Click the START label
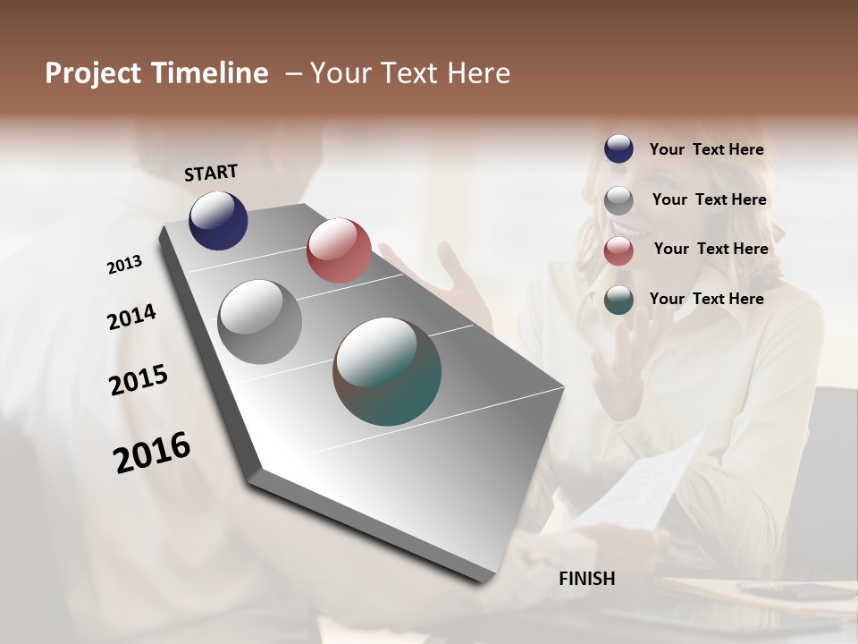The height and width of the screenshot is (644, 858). [211, 173]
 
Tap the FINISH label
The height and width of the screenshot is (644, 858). [586, 579]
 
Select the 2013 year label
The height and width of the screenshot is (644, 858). [124, 265]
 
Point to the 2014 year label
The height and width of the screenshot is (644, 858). [131, 317]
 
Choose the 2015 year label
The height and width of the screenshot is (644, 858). [139, 380]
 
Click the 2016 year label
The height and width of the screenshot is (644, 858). [152, 452]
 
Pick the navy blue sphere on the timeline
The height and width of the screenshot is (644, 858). [218, 220]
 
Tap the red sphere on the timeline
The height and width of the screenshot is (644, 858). [339, 250]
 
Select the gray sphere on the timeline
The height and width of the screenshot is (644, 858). [260, 322]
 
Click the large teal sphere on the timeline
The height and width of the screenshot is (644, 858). [387, 371]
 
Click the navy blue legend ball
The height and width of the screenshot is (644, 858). [618, 149]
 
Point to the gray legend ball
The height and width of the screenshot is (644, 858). [618, 200]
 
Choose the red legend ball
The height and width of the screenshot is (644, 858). [618, 250]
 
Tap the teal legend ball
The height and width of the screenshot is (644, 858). [618, 300]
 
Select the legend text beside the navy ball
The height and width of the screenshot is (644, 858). [706, 149]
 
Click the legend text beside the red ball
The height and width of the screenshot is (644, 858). [711, 249]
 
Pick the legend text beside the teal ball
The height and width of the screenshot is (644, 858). [706, 299]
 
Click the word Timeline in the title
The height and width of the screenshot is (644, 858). [211, 73]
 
